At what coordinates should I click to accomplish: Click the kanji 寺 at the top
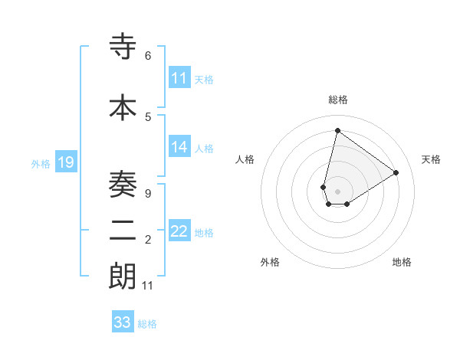123,47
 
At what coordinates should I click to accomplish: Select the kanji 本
123,107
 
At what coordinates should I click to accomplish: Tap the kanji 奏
123,184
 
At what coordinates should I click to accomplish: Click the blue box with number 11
179,78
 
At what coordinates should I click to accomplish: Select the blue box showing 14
179,148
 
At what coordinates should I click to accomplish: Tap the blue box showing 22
179,232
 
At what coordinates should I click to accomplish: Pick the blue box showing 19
66,163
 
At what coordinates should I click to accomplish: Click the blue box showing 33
123,322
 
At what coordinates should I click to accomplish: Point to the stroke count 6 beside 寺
148,56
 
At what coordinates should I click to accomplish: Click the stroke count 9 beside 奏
148,193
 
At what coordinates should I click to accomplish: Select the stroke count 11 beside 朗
148,286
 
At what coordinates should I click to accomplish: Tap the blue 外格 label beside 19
41,164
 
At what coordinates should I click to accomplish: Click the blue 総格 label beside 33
147,324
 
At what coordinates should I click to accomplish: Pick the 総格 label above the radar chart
337,100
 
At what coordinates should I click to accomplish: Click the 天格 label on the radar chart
431,159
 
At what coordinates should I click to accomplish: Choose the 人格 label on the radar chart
245,159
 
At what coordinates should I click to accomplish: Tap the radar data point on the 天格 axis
396,172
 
